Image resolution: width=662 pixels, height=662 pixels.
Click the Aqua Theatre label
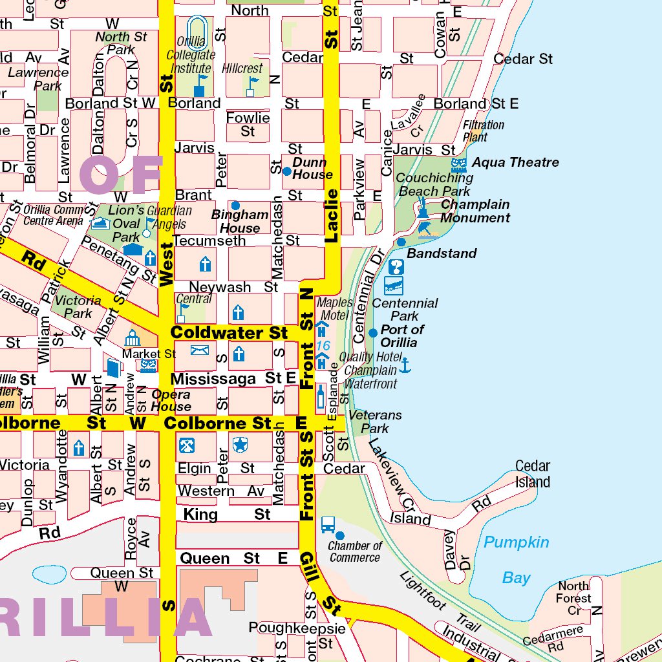pyautogui.click(x=515, y=162)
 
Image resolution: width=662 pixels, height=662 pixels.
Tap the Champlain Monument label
pyautogui.click(x=475, y=211)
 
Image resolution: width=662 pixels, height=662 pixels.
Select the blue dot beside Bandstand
pyautogui.click(x=401, y=242)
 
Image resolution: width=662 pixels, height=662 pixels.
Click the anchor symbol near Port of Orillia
pyautogui.click(x=405, y=365)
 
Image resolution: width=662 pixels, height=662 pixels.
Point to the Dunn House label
pyautogui.click(x=313, y=169)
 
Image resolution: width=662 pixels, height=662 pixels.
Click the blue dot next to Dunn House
pyautogui.click(x=287, y=171)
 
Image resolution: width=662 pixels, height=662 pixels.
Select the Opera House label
pyautogui.click(x=171, y=401)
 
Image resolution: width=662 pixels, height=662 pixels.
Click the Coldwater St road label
pyautogui.click(x=229, y=333)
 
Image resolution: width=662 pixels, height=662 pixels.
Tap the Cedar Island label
pyautogui.click(x=533, y=474)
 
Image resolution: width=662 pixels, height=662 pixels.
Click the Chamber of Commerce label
pyautogui.click(x=354, y=551)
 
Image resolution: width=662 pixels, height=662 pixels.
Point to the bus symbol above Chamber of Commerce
pyautogui.click(x=328, y=524)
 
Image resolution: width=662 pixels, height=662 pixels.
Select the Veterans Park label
pyautogui.click(x=375, y=422)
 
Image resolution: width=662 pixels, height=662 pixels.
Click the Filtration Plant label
pyautogui.click(x=484, y=131)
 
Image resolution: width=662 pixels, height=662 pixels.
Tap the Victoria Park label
pyautogui.click(x=78, y=307)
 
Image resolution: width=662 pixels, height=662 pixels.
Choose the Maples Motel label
pyautogui.click(x=336, y=309)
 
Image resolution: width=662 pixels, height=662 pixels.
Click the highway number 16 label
pyautogui.click(x=323, y=346)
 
